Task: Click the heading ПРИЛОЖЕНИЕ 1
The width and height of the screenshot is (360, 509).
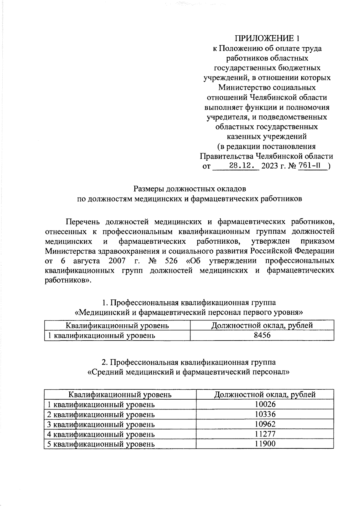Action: tap(267, 38)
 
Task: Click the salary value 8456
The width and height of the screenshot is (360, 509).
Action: tap(262, 335)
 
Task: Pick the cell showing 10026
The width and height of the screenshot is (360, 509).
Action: tap(265, 405)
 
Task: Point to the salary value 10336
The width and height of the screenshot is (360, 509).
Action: tap(265, 415)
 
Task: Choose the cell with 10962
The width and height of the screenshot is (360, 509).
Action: tap(265, 424)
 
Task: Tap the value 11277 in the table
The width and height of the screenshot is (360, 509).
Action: tap(265, 434)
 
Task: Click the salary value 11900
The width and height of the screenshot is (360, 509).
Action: tap(265, 444)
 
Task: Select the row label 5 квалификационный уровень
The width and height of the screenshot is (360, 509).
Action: tap(101, 444)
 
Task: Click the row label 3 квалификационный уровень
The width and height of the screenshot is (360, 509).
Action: tap(101, 424)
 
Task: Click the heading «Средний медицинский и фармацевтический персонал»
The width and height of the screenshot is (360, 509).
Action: tap(188, 373)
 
